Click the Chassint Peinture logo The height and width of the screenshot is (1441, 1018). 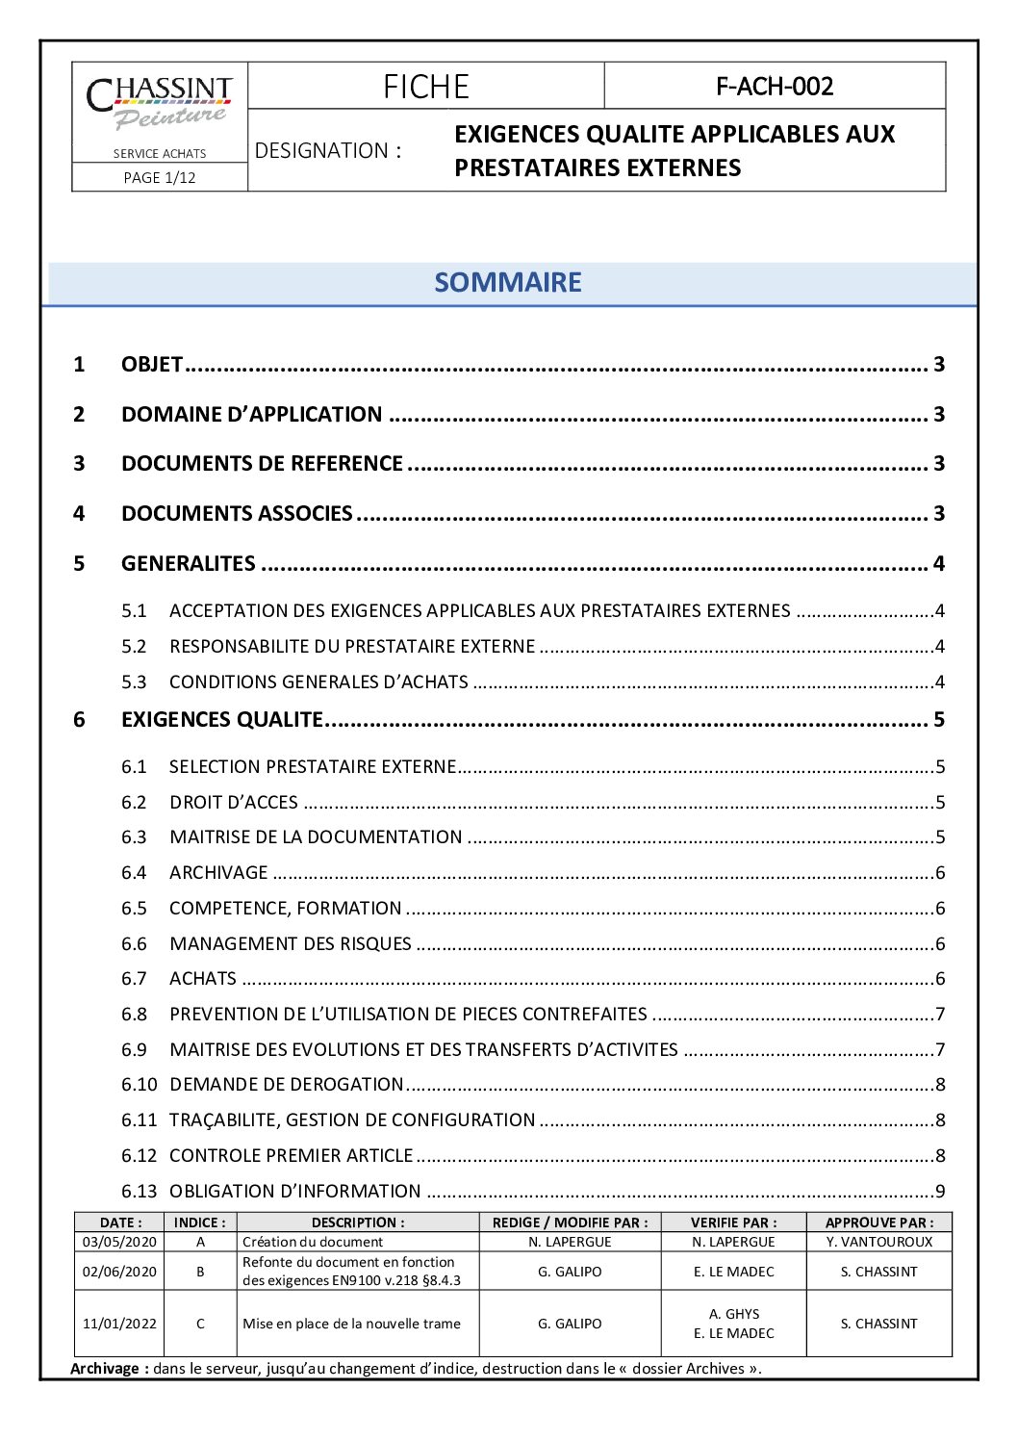[x=160, y=103]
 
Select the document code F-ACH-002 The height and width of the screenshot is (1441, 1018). [x=775, y=87]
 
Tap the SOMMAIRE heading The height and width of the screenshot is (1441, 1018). [x=508, y=282]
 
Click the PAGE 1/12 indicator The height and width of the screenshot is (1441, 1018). [x=160, y=177]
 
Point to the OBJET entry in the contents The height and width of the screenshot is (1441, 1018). [x=152, y=364]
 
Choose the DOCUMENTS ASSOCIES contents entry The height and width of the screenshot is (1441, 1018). [x=237, y=513]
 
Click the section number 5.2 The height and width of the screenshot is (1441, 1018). [x=134, y=646]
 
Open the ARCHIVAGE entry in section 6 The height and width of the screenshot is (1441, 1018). [x=218, y=872]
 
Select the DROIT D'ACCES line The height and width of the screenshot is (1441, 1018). [x=234, y=802]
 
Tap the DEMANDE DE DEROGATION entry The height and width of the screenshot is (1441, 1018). [x=286, y=1084]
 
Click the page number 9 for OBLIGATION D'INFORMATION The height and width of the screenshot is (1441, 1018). [x=940, y=1191]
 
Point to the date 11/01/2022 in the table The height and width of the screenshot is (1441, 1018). [x=119, y=1324]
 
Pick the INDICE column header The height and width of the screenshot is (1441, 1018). [x=200, y=1222]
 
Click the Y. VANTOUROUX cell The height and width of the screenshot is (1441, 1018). [x=878, y=1242]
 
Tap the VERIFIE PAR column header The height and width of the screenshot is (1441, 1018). [x=733, y=1222]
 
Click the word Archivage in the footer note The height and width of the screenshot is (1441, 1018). [x=109, y=1369]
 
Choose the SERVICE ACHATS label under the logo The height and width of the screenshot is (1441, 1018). [x=160, y=153]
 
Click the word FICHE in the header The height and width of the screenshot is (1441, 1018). [x=425, y=87]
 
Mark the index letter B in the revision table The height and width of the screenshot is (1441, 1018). [x=200, y=1272]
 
